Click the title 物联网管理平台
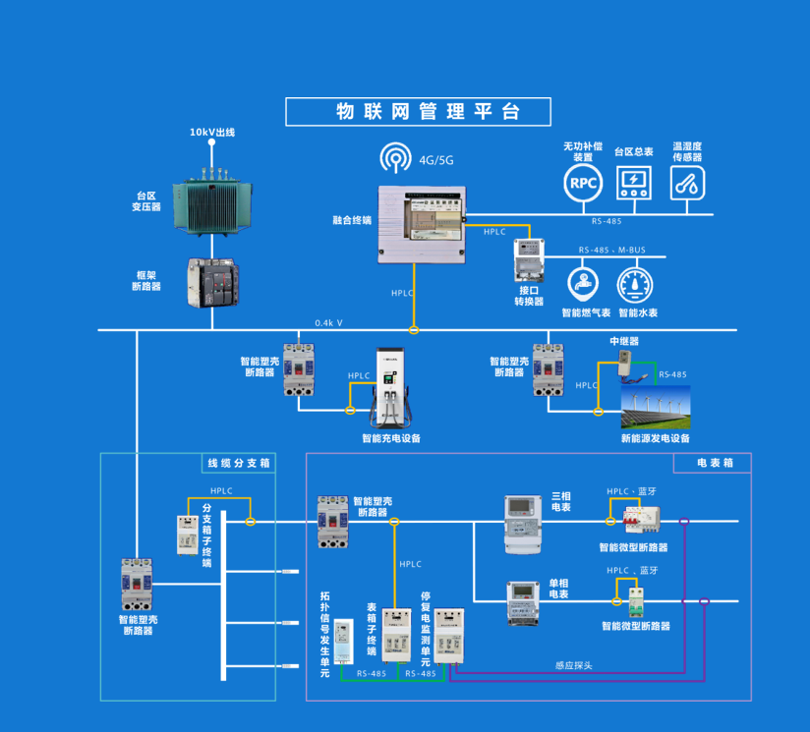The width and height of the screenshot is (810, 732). (419, 112)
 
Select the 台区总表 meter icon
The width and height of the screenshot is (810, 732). (634, 182)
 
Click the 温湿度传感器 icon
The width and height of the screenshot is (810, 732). (687, 183)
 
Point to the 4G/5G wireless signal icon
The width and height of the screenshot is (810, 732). (397, 158)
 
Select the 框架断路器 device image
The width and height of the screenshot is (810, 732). (212, 283)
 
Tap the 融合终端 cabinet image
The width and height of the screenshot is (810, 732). (420, 224)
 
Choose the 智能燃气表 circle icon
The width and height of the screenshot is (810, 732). (586, 284)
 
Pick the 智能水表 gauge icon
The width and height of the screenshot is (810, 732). (636, 284)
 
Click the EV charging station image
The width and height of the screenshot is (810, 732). (391, 386)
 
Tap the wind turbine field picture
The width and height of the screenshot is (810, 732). (655, 406)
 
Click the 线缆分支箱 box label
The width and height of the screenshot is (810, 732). (238, 463)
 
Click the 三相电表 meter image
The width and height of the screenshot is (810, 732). (523, 523)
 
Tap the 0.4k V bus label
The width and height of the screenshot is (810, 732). (328, 322)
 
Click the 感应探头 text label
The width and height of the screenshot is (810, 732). (573, 666)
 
